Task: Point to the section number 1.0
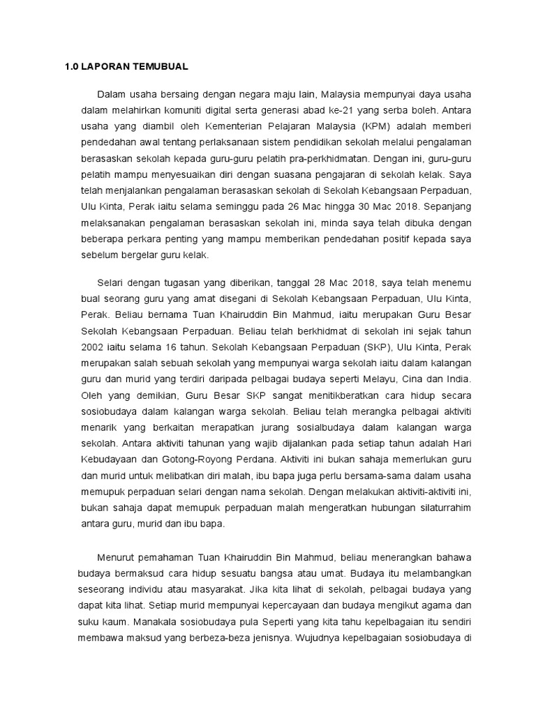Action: (65, 67)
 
